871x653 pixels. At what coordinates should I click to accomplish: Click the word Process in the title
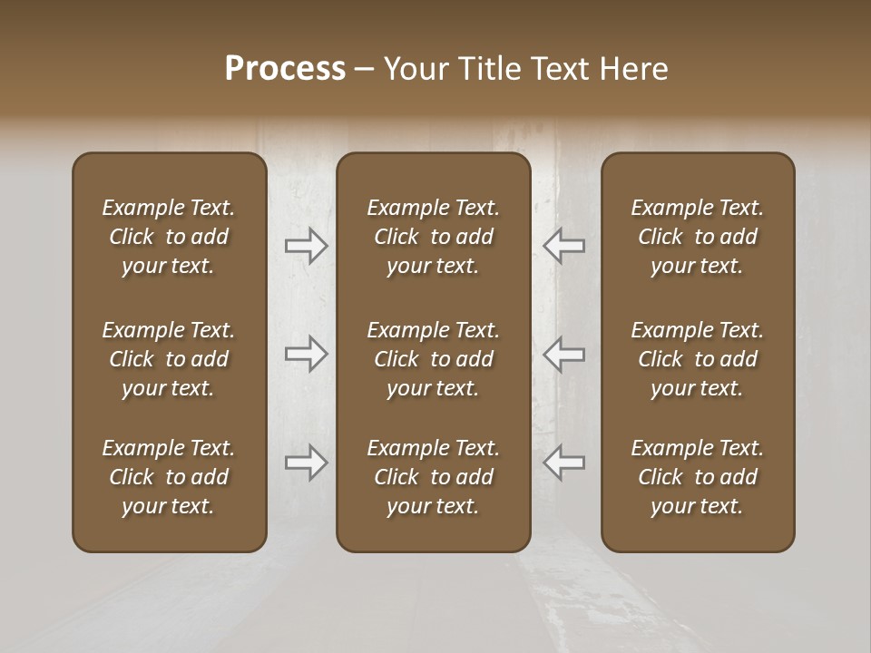tap(285, 69)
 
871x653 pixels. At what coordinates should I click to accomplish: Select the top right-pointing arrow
tap(307, 246)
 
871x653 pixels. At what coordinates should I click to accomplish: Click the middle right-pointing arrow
tap(307, 354)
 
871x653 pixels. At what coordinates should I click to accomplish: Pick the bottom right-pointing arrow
tap(307, 463)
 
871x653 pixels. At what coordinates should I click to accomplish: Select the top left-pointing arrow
tap(563, 246)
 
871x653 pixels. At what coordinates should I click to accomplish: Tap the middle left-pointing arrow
tap(563, 354)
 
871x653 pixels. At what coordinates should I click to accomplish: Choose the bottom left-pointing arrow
tap(563, 463)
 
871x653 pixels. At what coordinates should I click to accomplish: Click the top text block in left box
tap(169, 237)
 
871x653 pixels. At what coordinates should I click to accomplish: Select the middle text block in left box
tap(169, 359)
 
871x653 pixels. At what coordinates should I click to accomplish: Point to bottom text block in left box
tap(169, 477)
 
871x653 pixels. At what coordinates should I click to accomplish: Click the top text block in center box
tap(433, 237)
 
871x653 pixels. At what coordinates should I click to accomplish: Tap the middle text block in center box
tap(433, 359)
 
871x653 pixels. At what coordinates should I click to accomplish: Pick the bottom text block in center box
tap(433, 477)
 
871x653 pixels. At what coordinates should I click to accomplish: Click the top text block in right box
tap(698, 237)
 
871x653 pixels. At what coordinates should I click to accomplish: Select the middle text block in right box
tap(698, 359)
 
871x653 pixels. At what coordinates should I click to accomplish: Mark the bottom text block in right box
tap(698, 477)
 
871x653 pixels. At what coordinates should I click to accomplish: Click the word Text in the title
tap(561, 69)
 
